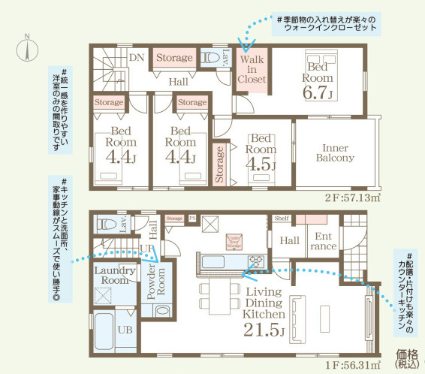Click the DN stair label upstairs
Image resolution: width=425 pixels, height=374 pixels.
click(137, 56)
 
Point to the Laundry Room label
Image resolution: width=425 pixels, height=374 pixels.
click(115, 276)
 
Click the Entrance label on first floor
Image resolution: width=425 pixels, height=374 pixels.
click(323, 241)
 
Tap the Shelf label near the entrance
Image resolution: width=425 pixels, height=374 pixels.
click(281, 219)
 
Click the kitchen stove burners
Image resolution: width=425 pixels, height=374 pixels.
click(255, 261)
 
